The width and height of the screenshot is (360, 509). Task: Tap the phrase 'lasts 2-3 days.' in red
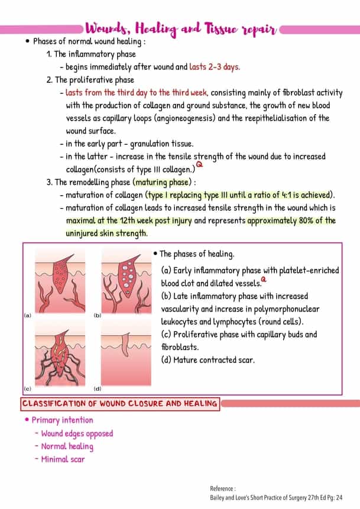pos(215,67)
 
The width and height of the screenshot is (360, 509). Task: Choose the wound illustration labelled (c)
pos(59,355)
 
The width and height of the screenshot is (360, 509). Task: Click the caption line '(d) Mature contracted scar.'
pos(207,359)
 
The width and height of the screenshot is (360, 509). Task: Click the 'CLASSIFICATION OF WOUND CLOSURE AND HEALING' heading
pos(119,404)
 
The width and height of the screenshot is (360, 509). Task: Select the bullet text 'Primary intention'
pos(62,420)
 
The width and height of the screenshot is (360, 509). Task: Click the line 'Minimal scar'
pos(63,459)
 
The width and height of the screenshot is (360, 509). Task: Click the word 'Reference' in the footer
pos(222,489)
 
